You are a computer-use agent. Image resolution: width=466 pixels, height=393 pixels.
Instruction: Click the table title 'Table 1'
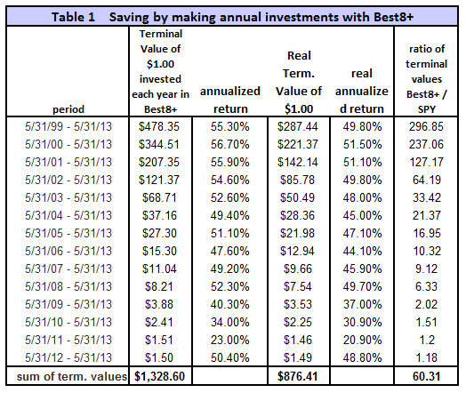click(73, 17)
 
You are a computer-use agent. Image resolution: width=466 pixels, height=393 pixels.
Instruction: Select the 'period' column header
click(68, 109)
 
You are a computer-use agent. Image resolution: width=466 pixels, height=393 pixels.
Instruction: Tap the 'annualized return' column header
click(230, 100)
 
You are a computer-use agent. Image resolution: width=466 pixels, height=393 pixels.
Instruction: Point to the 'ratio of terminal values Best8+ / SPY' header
click(427, 79)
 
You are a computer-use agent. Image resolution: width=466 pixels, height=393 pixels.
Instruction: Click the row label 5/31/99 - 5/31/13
click(68, 126)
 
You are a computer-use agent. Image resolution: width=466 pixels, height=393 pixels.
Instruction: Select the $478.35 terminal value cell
click(159, 126)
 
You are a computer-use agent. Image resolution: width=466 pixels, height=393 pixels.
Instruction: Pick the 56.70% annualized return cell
click(230, 144)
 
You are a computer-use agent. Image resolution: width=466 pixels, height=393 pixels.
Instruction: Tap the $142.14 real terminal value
click(298, 162)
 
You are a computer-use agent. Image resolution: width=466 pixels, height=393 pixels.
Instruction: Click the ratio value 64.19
click(427, 180)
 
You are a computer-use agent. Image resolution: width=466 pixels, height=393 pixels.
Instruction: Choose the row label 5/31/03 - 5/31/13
click(68, 197)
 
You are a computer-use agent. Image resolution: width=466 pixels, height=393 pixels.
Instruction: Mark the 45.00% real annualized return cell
click(362, 215)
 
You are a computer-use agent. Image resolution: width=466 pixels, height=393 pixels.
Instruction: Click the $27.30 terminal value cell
click(159, 233)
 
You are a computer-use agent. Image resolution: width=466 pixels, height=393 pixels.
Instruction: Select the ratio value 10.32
click(427, 251)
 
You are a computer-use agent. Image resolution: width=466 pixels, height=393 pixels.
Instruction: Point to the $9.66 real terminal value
click(298, 269)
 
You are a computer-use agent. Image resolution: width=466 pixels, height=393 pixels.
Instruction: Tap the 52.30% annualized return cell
click(230, 286)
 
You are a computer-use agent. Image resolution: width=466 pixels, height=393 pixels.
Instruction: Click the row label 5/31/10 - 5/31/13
click(68, 322)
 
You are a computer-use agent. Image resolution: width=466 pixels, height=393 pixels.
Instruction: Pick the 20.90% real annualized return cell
click(362, 340)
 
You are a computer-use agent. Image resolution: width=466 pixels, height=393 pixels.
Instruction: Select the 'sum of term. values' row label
click(72, 377)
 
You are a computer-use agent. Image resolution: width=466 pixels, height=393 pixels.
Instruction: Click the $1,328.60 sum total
click(159, 376)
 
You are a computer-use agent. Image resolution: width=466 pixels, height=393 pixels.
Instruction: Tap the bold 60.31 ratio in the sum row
click(427, 376)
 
